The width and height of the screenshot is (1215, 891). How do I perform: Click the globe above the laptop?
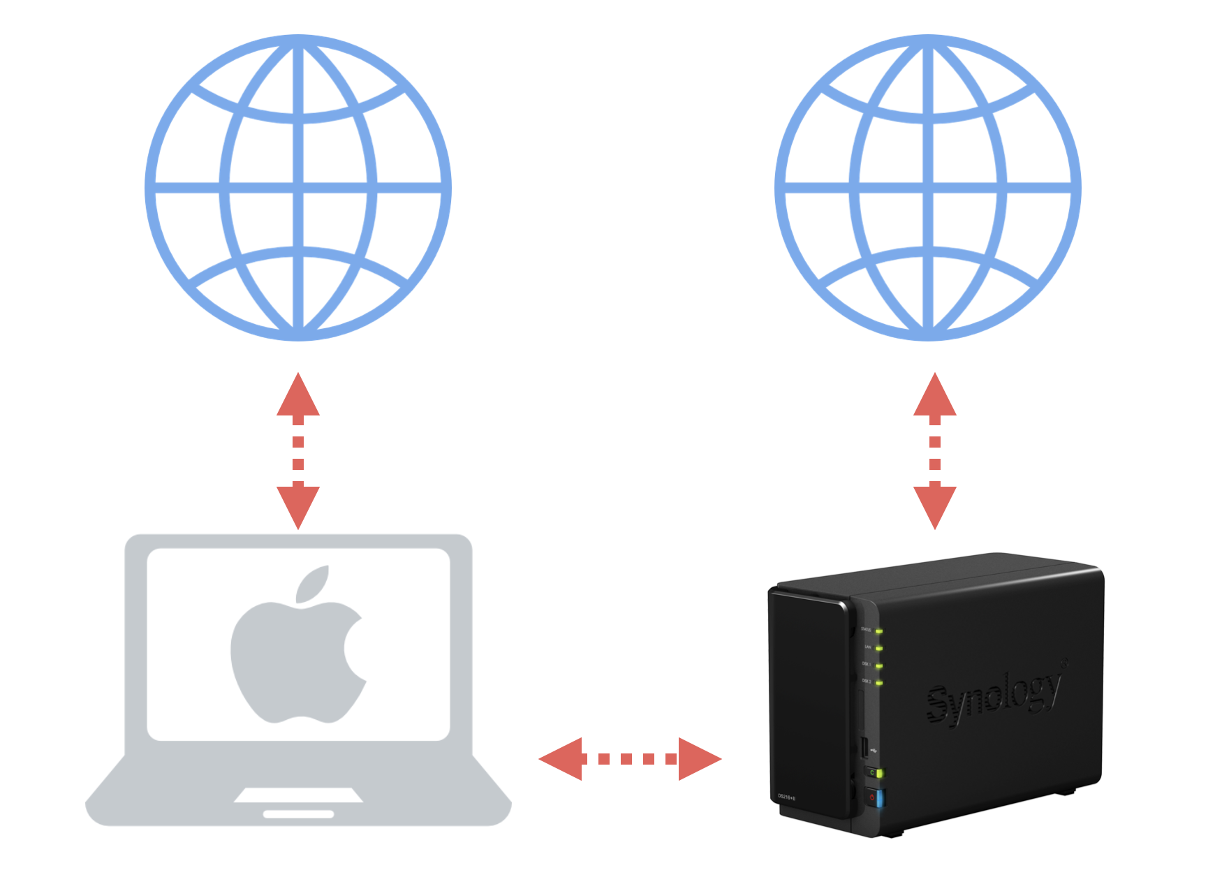[x=298, y=187]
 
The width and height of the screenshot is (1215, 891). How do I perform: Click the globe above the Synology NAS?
[x=928, y=187]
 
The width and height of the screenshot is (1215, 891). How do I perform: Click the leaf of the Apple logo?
[x=313, y=584]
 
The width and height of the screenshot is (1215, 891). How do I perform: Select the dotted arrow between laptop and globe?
[x=298, y=451]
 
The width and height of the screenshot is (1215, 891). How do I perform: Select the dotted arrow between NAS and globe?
[x=935, y=451]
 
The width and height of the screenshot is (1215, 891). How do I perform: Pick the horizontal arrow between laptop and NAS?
[x=629, y=758]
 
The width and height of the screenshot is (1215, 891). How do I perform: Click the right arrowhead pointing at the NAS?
[x=698, y=758]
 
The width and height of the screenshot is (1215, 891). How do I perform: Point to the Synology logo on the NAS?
[x=995, y=695]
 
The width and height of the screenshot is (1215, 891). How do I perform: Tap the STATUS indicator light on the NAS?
[x=879, y=631]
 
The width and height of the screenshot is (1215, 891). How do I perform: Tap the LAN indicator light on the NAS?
[x=879, y=649]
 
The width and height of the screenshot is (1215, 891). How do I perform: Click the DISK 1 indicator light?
[x=879, y=666]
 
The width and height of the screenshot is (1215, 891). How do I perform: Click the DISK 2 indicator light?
[x=879, y=683]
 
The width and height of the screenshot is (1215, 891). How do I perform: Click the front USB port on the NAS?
[x=864, y=748]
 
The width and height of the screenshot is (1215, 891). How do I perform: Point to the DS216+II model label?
[x=787, y=796]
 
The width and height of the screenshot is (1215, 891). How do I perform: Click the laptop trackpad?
[x=298, y=795]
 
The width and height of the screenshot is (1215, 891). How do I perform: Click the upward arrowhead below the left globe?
[x=298, y=396]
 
